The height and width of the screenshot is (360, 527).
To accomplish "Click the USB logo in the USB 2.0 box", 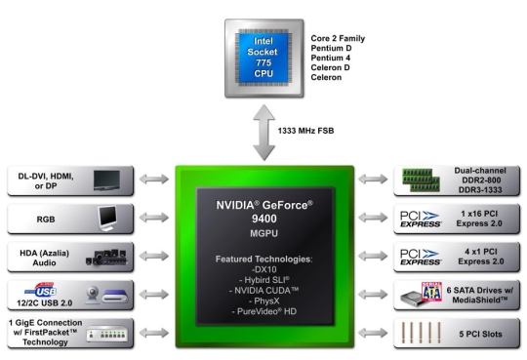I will click(x=48, y=291).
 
